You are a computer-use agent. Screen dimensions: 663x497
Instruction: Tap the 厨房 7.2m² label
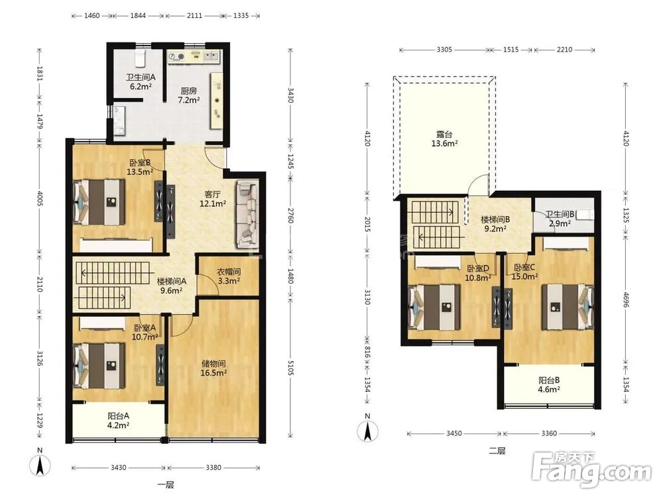188,95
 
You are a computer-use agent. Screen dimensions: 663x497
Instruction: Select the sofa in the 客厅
247,214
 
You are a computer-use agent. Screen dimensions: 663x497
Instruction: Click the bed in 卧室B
100,202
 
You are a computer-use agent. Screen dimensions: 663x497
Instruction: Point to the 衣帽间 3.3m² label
229,276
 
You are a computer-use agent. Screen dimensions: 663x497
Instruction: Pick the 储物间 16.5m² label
213,368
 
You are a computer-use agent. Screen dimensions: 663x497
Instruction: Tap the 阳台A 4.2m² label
118,421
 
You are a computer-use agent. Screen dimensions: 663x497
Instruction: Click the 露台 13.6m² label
444,139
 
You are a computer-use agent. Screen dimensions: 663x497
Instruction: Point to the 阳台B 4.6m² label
549,385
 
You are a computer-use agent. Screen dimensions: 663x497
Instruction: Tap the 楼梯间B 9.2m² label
495,225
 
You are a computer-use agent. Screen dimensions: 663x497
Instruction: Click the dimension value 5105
290,365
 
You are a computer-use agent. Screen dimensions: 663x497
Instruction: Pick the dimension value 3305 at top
444,50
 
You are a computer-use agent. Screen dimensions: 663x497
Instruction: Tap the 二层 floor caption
497,451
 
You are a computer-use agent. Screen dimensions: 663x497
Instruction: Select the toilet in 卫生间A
140,58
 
